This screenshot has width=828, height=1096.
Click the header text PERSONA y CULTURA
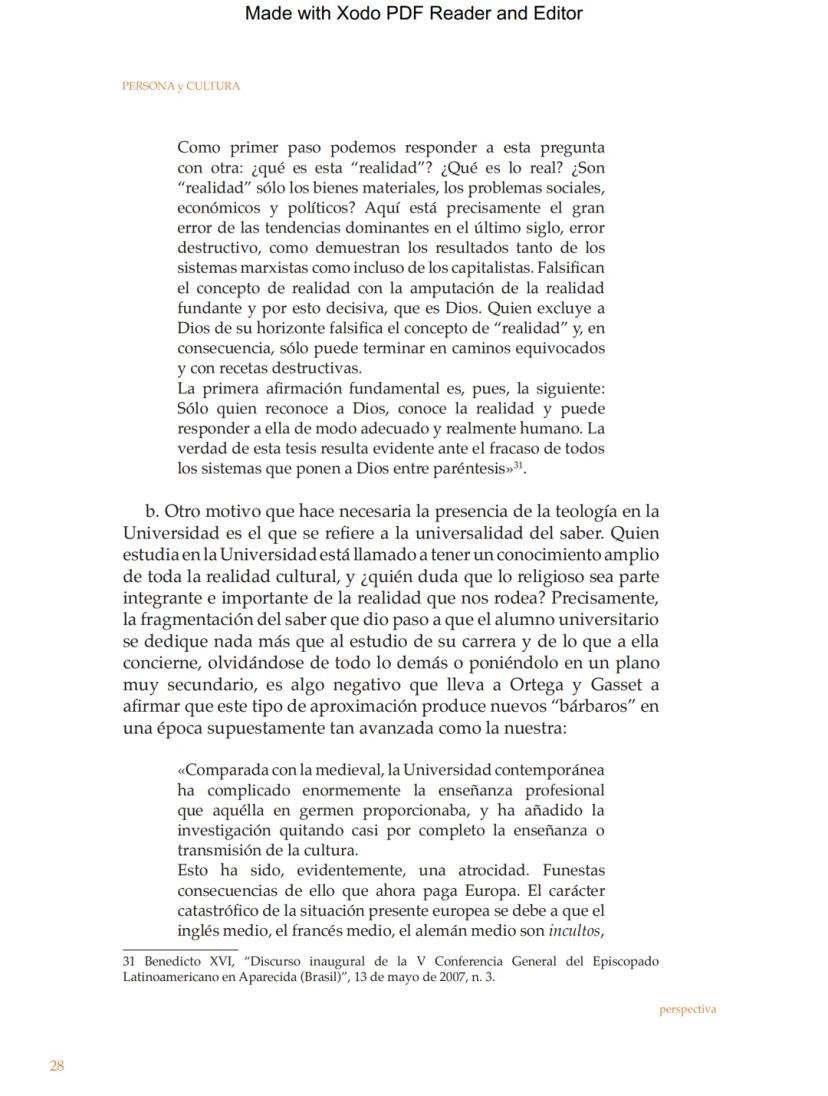pyautogui.click(x=181, y=86)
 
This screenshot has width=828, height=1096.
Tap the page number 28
pyautogui.click(x=57, y=1066)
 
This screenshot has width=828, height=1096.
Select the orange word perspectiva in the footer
pyautogui.click(x=687, y=1009)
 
